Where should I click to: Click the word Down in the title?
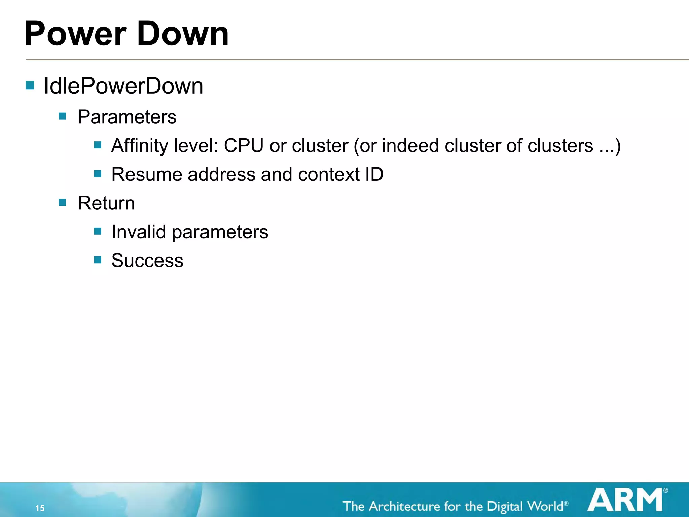pos(183,34)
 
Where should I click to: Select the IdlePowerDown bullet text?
pos(123,86)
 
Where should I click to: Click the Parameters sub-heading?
pos(127,117)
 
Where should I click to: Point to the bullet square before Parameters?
pos(62,116)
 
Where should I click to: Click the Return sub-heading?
pos(106,203)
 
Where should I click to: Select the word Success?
pos(147,261)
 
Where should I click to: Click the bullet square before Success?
pos(98,260)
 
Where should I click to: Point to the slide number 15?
pos(40,508)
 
